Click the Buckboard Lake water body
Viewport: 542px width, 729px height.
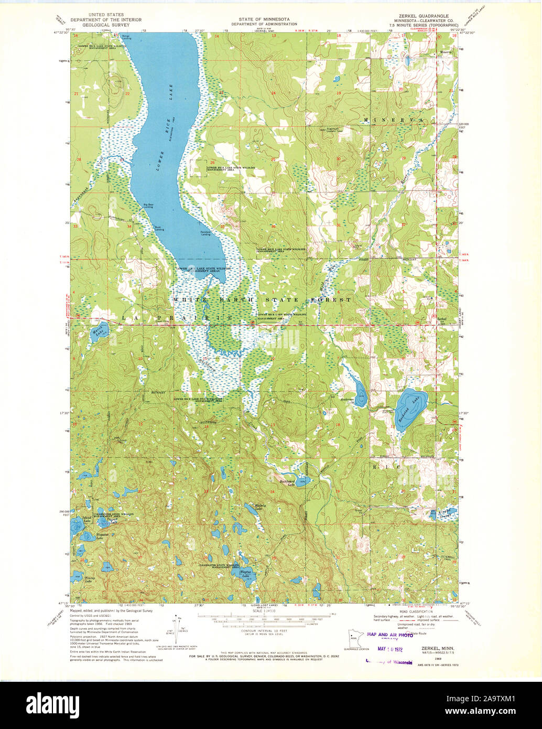[x=300, y=480]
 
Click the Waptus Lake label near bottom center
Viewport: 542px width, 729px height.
[x=245, y=574]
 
